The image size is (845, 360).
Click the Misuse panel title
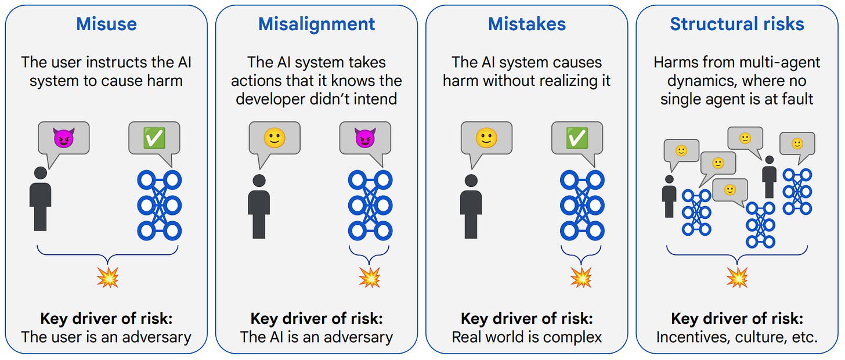(x=106, y=24)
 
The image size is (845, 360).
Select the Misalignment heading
(x=316, y=24)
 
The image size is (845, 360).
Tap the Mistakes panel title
(x=526, y=24)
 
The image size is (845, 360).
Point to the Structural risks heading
(x=737, y=24)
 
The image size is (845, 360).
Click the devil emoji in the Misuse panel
(x=64, y=138)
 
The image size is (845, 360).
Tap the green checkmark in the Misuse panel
(x=154, y=138)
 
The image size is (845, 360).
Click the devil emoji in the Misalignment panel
(x=364, y=138)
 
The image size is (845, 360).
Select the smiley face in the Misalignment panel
(x=274, y=138)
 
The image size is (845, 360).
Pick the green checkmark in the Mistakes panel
(x=576, y=138)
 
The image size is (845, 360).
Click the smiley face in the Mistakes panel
(x=486, y=138)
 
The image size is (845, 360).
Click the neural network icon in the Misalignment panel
(x=370, y=206)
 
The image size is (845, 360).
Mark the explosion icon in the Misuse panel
(x=107, y=278)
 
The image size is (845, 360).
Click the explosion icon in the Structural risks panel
(x=737, y=278)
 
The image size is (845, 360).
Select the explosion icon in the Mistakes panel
(x=580, y=278)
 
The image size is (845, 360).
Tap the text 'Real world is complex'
(x=526, y=337)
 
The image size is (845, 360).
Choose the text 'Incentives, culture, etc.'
(x=737, y=337)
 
